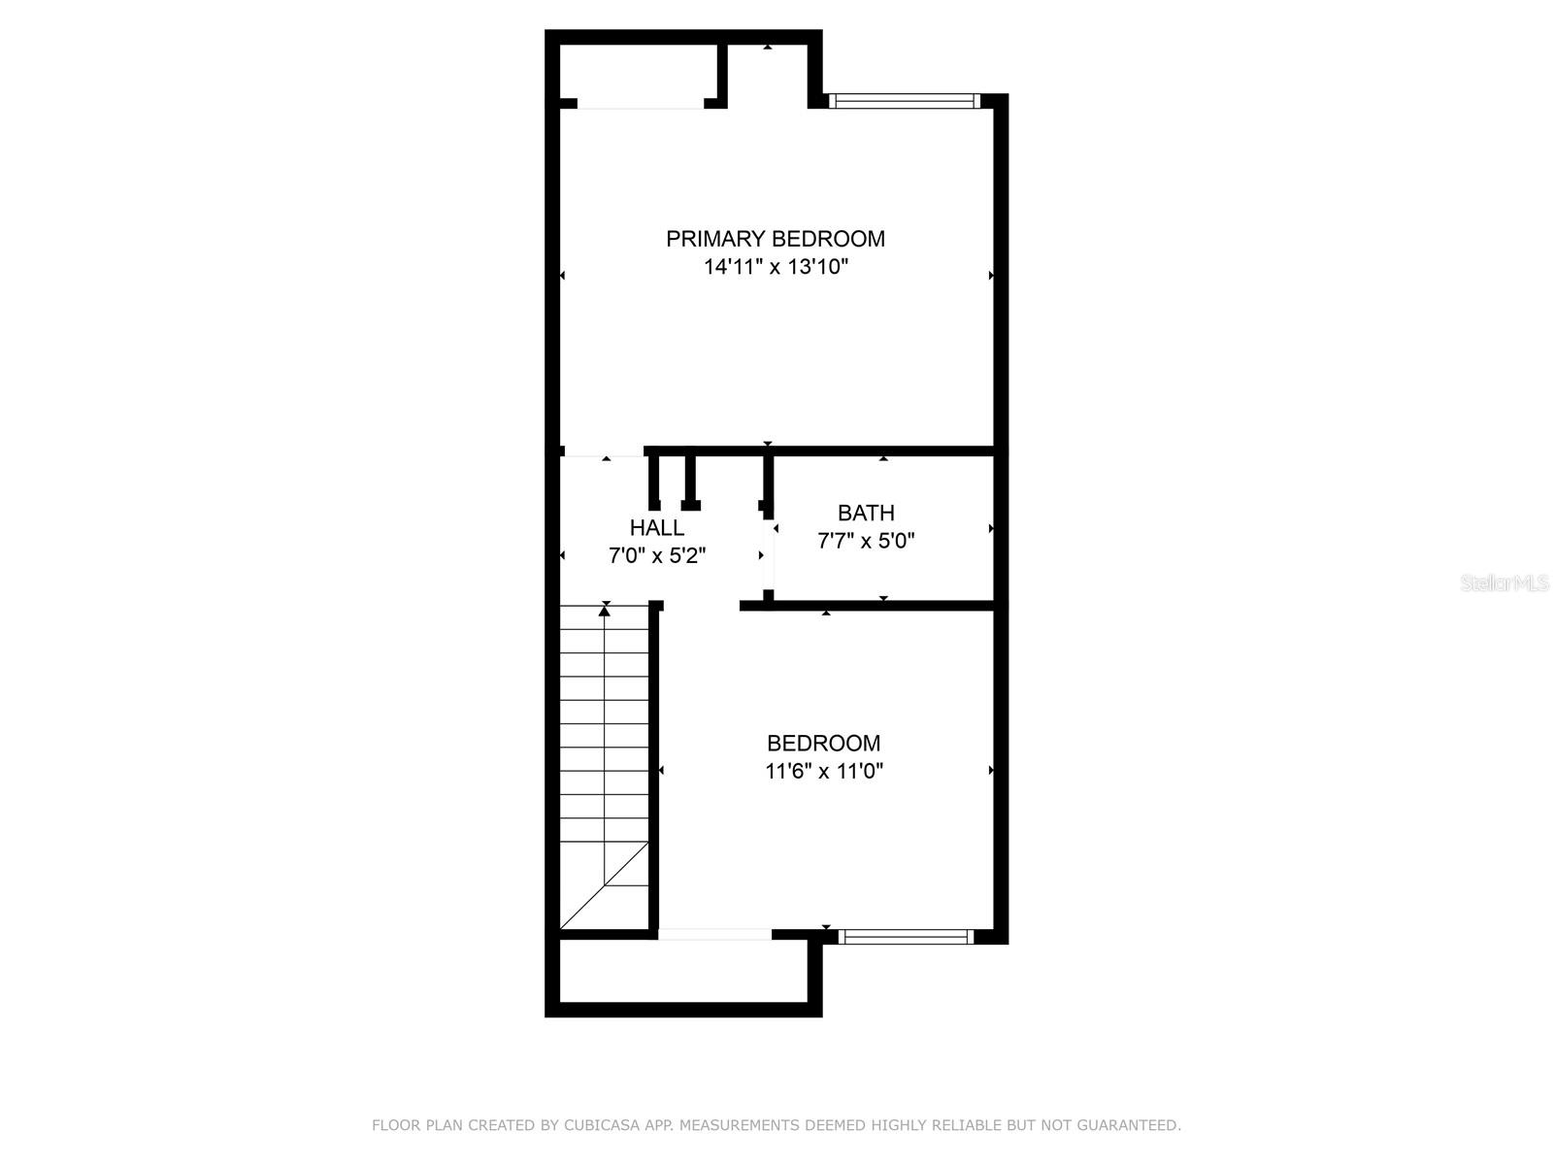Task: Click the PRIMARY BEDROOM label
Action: (x=775, y=239)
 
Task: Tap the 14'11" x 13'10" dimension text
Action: (x=776, y=267)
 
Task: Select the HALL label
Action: (x=657, y=528)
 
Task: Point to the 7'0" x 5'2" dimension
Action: (x=657, y=556)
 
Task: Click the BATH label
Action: (x=866, y=513)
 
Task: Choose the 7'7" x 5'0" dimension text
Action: (x=866, y=541)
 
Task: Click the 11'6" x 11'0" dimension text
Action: (x=823, y=772)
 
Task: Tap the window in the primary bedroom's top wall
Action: (x=904, y=100)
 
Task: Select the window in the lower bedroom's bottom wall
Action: (x=905, y=937)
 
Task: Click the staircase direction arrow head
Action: (x=605, y=610)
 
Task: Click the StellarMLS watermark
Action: (x=1504, y=583)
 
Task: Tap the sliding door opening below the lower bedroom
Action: (x=714, y=935)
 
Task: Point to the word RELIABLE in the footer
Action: (x=966, y=1125)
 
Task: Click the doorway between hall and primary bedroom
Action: (x=604, y=452)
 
